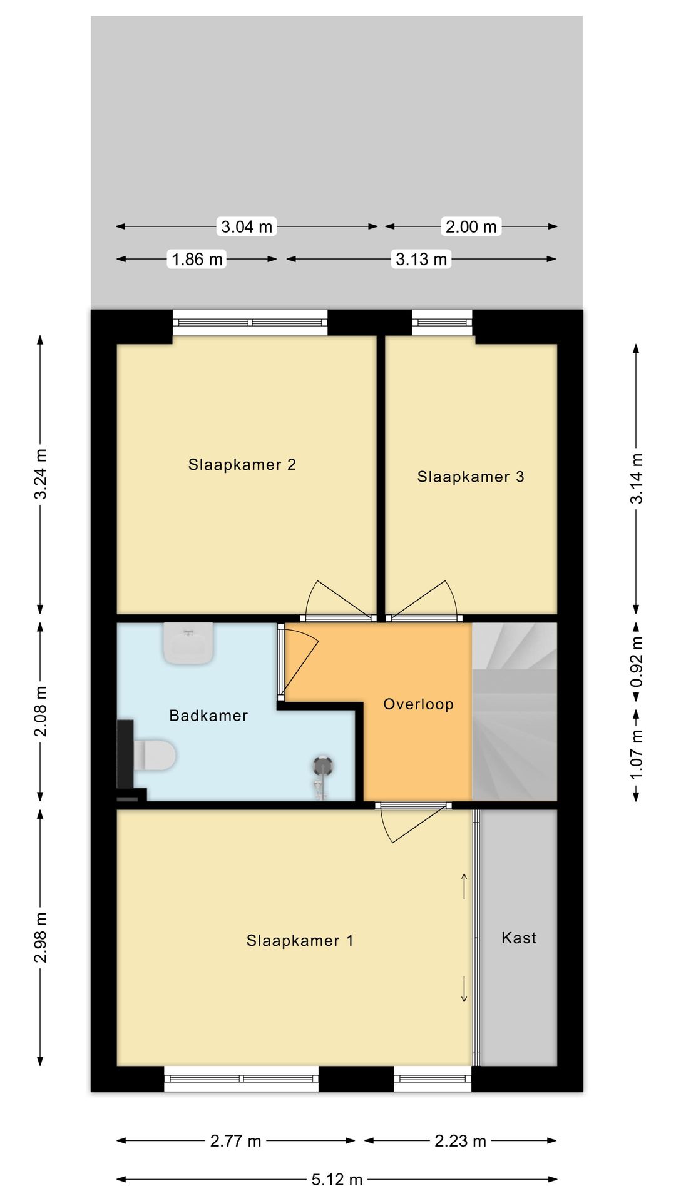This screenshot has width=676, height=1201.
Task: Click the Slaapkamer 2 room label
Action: pyautogui.click(x=242, y=465)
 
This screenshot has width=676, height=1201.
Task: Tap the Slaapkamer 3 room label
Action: pyautogui.click(x=471, y=477)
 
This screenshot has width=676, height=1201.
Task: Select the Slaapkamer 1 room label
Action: pyautogui.click(x=300, y=940)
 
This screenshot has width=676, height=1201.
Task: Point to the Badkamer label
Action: pyautogui.click(x=208, y=716)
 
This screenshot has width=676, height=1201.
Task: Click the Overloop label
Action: pyautogui.click(x=418, y=704)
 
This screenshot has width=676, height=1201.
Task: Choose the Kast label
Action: pyautogui.click(x=519, y=938)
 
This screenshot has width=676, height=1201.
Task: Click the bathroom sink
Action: pyautogui.click(x=188, y=642)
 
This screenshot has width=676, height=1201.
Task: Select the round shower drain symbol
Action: pyautogui.click(x=323, y=766)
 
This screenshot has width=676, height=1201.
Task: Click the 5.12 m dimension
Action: pyautogui.click(x=337, y=1180)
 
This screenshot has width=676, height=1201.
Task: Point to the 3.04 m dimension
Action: pyautogui.click(x=247, y=226)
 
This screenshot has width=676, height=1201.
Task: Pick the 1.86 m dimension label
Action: pyautogui.click(x=197, y=259)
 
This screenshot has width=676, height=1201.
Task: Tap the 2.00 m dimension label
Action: pyautogui.click(x=471, y=226)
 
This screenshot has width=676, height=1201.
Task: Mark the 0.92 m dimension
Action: pyautogui.click(x=637, y=661)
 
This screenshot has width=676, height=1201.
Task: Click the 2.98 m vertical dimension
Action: pyautogui.click(x=40, y=938)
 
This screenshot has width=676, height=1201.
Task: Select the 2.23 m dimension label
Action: pyautogui.click(x=460, y=1141)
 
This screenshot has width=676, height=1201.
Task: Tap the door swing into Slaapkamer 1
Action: pyautogui.click(x=414, y=823)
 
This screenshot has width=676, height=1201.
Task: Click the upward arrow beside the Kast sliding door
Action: pyautogui.click(x=464, y=886)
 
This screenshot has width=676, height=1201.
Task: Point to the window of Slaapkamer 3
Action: pyautogui.click(x=442, y=322)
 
